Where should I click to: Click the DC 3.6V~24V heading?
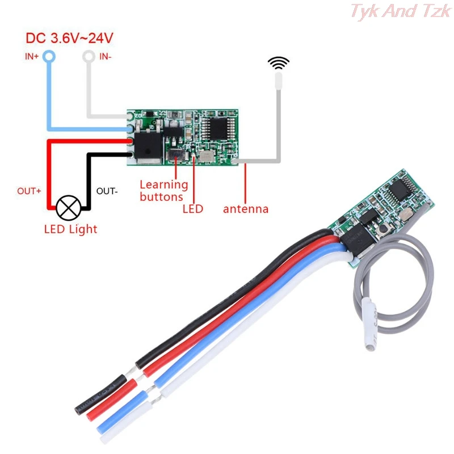point(69,39)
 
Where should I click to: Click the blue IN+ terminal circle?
point(49,56)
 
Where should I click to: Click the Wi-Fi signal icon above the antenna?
point(278,63)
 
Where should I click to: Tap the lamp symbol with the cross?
point(69,208)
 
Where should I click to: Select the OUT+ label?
point(29,191)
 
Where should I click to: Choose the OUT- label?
point(107,191)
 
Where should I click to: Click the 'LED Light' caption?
point(70,229)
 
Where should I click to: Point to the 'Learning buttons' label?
point(163,191)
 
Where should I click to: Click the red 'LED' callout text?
point(193,209)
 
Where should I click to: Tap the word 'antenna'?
point(246,209)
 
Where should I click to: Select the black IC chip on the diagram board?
point(215,126)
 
